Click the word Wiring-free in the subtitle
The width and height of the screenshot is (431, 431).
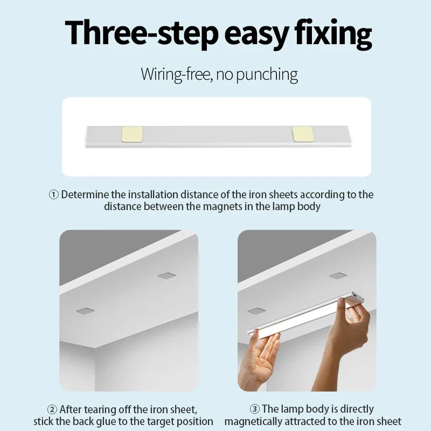pyautogui.click(x=173, y=74)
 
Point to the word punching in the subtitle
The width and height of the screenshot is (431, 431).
pyautogui.click(x=267, y=74)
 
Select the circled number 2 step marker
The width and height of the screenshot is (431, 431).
pyautogui.click(x=52, y=409)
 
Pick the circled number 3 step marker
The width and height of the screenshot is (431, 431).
pyautogui.click(x=254, y=409)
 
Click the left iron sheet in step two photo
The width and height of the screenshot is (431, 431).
pyautogui.click(x=85, y=311)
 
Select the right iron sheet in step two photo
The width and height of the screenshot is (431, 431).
pyautogui.click(x=166, y=276)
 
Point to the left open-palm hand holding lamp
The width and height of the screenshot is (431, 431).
pyautogui.click(x=259, y=361)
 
